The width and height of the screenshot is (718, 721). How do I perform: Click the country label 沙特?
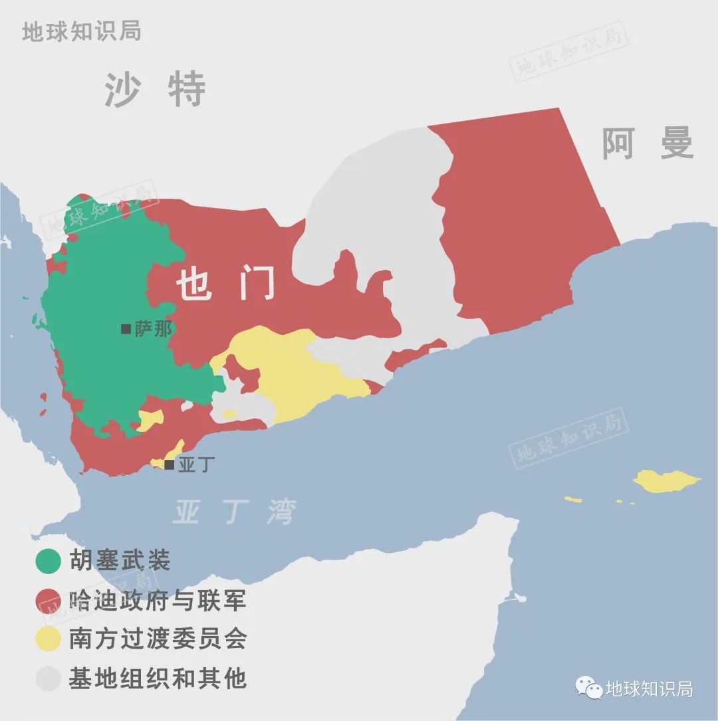coord(155,90)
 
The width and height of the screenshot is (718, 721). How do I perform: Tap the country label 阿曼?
coord(648,143)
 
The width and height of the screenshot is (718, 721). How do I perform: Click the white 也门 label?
coord(225,286)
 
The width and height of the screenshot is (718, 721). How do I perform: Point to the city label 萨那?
coord(154,329)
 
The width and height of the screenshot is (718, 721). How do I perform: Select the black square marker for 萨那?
coord(126,329)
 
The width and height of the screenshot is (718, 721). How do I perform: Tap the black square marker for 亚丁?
coord(170,464)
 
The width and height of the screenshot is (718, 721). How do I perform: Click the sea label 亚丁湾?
coord(234,512)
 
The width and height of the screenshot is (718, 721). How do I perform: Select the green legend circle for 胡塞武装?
coord(48,561)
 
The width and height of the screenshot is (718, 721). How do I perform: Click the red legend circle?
coord(48,600)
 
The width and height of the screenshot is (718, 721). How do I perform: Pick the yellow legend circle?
coord(48,639)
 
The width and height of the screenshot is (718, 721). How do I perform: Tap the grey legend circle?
coord(48,678)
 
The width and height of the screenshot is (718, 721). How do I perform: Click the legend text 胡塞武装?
coord(120,561)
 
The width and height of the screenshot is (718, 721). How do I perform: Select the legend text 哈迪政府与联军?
coord(158,600)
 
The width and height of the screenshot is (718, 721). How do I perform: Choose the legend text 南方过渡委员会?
coord(158,639)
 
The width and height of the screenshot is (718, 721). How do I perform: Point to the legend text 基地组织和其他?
coord(158,678)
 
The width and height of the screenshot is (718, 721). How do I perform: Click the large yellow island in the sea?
coord(665,480)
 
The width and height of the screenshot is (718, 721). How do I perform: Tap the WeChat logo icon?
coord(589,688)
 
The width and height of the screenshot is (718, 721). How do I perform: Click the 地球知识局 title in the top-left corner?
coord(81,31)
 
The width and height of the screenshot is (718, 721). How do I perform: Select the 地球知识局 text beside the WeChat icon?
coord(650,688)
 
